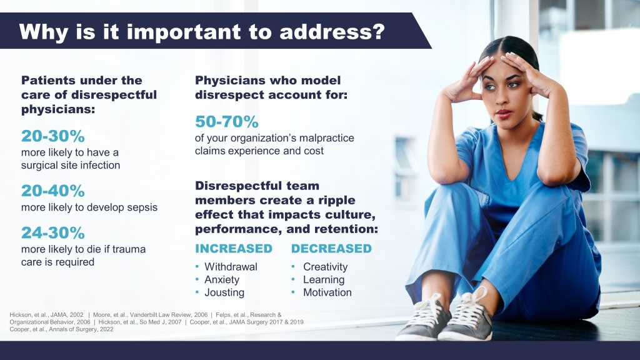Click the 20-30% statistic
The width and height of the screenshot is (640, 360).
[53, 136]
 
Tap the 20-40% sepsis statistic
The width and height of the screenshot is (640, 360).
[53, 191]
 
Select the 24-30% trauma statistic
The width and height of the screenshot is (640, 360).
[53, 232]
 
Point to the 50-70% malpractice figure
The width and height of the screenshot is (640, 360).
[226, 121]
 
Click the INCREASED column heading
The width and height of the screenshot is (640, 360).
[234, 249]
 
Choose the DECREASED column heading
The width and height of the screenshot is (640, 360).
[331, 249]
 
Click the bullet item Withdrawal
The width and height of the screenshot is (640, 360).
[231, 266]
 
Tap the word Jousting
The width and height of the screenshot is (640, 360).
[224, 292]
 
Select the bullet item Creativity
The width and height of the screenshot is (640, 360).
[325, 266]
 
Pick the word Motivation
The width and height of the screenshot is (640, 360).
[327, 292]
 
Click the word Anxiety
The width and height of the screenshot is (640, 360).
[222, 279]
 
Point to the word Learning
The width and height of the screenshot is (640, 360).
[324, 279]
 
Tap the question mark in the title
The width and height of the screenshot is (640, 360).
[378, 31]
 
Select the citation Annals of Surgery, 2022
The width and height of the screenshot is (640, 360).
[81, 329]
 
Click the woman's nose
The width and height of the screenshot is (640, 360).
[502, 97]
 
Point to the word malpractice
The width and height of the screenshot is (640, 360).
[326, 138]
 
